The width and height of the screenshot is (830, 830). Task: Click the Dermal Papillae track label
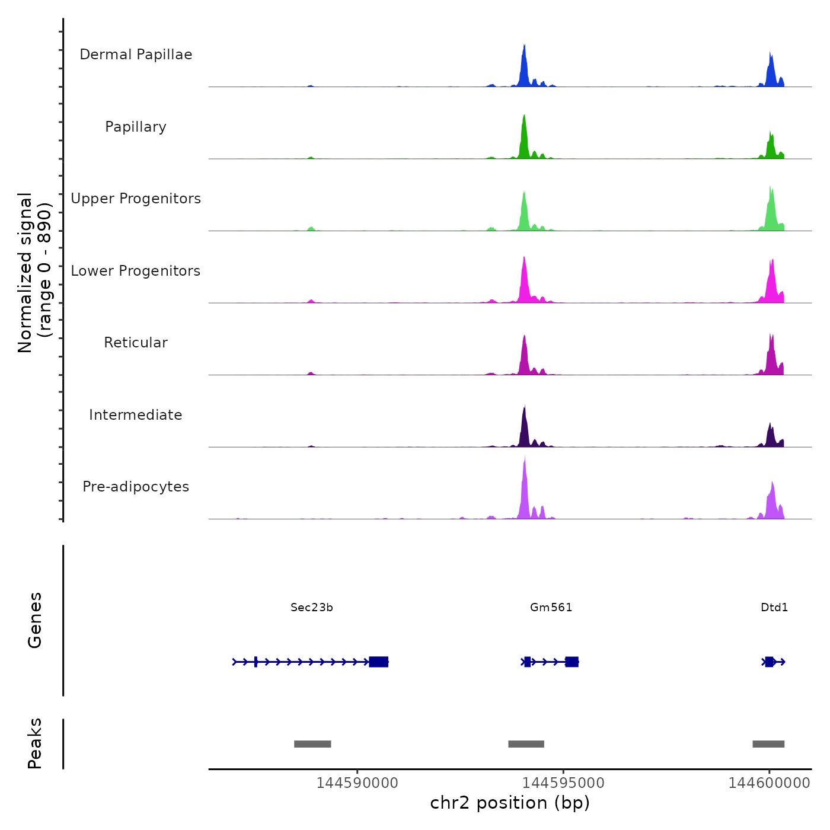pos(136,55)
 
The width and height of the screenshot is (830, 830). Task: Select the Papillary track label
pos(136,127)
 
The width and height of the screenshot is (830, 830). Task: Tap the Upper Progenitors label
pos(136,199)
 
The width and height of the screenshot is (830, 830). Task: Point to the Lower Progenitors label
pos(136,271)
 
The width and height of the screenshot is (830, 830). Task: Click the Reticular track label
pos(136,343)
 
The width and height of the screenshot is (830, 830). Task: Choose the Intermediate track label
pos(136,415)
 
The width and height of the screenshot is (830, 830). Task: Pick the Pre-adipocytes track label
pos(136,487)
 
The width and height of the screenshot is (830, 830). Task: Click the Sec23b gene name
pos(312,607)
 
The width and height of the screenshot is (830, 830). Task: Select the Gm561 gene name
pos(551,607)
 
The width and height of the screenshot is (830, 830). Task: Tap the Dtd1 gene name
pos(774,607)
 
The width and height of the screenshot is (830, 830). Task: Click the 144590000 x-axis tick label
pos(357,783)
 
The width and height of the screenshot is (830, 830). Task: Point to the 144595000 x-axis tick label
pos(563,783)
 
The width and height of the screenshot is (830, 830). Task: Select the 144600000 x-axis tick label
pos(770,783)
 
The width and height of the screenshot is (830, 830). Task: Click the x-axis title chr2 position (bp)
pos(510,803)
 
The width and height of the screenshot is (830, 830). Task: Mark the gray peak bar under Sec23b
pos(312,744)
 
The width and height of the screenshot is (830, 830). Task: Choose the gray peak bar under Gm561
pos(526,744)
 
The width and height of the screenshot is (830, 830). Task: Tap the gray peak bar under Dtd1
pos(768,744)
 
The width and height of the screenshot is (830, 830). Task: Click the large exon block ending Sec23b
pos(379,662)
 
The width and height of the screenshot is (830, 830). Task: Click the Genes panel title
pos(35,620)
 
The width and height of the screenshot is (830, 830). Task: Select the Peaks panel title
pos(35,743)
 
